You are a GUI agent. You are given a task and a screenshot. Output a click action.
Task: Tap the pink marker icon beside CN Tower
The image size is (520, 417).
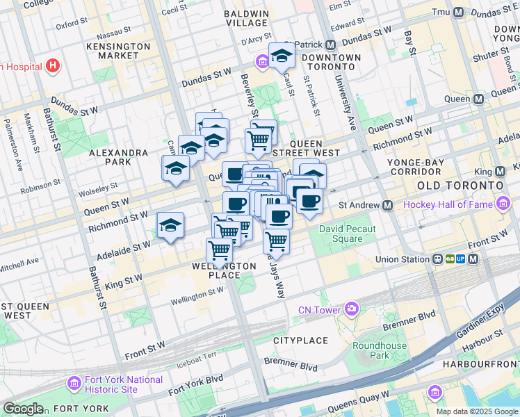352,308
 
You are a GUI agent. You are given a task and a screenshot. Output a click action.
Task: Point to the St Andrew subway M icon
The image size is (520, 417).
388,205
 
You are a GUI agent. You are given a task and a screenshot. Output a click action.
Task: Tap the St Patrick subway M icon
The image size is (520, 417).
329,43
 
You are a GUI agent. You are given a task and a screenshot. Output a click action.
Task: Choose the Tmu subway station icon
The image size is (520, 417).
458,13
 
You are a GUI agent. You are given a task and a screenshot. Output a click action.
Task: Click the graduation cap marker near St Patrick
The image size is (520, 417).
282,56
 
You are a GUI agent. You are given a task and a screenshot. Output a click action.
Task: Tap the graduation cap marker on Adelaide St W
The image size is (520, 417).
170,225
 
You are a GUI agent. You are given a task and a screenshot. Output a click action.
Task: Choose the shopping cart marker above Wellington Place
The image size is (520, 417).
220,250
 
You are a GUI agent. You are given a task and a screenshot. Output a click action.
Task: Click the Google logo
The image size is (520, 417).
23,409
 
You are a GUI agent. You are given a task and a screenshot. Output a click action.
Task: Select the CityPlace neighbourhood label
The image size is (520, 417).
300,341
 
